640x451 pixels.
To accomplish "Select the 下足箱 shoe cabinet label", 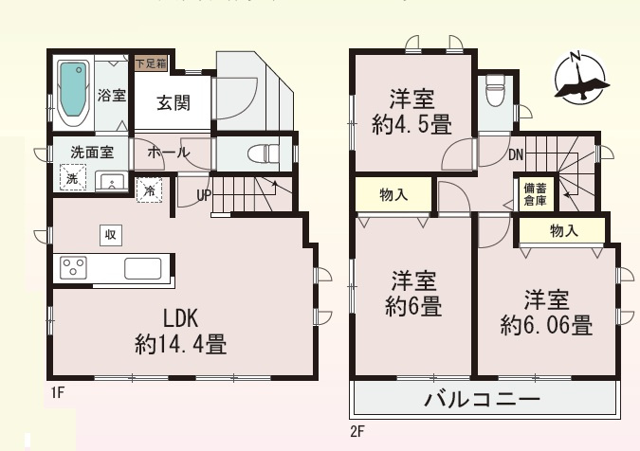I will pyautogui.click(x=150, y=64).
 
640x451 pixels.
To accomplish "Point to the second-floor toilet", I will pyautogui.click(x=494, y=92).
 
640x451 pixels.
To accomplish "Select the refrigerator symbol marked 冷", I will pyautogui.click(x=150, y=189).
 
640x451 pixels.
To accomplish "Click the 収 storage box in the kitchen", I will pyautogui.click(x=110, y=234).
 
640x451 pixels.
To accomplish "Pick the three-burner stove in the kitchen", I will pyautogui.click(x=75, y=268).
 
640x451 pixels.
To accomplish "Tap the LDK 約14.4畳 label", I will pyautogui.click(x=181, y=330).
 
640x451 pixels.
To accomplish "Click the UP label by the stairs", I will pyautogui.click(x=204, y=196).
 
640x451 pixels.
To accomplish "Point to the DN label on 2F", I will pyautogui.click(x=516, y=155).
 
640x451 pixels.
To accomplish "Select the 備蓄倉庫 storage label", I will pyautogui.click(x=535, y=193).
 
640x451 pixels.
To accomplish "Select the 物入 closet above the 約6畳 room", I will pyautogui.click(x=393, y=194).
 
